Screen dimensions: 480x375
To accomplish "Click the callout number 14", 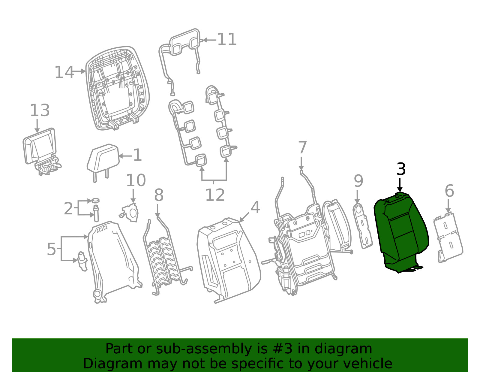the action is [x=64, y=72].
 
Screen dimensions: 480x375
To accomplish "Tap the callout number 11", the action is [x=227, y=39].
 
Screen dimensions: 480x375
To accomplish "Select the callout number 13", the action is [x=40, y=110].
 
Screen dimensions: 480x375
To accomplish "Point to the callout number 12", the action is [x=215, y=195].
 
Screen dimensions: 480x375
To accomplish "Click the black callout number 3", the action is [x=401, y=169].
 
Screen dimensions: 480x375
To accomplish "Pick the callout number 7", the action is [x=302, y=147].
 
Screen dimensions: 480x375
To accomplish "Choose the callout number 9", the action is [x=358, y=181].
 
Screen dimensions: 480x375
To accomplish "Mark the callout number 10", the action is [x=136, y=180].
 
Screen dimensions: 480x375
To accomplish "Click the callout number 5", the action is [x=52, y=249].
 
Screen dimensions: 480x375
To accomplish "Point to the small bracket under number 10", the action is [x=130, y=213].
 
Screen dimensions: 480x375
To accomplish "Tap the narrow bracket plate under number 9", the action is [x=362, y=226].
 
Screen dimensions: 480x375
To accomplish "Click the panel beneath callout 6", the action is [x=448, y=237].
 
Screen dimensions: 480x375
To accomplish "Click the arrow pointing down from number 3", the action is [x=400, y=185].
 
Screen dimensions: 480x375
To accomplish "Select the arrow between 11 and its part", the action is [x=209, y=40].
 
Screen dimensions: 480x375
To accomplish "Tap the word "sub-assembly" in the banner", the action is [x=204, y=349].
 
